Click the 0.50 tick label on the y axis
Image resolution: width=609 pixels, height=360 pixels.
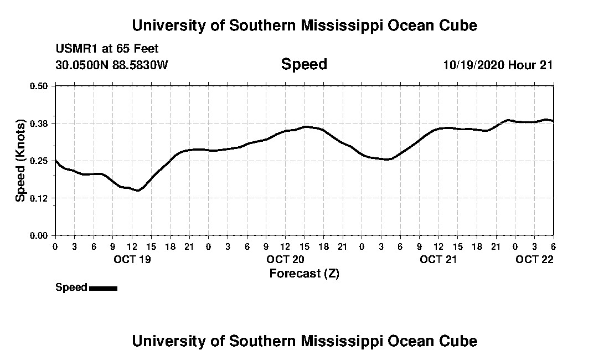click(x=39, y=86)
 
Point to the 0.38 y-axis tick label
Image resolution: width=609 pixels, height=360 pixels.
click(x=39, y=123)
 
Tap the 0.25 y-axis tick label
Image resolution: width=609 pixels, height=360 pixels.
click(x=39, y=161)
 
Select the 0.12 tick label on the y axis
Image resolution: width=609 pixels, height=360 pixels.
click(x=39, y=198)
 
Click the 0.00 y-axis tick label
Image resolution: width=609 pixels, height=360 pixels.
click(x=39, y=235)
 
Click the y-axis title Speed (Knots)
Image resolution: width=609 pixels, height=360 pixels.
click(x=20, y=161)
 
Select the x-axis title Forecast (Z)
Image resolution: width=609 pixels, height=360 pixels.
click(x=304, y=273)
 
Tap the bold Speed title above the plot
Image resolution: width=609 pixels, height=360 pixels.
click(x=304, y=64)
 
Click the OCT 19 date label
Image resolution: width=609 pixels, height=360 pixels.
click(x=132, y=259)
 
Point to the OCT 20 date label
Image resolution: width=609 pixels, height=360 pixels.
click(x=285, y=259)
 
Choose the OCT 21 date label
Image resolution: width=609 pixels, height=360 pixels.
click(x=438, y=259)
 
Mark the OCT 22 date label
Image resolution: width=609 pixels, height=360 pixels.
click(x=534, y=259)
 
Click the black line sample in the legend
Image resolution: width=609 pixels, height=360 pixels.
click(x=103, y=288)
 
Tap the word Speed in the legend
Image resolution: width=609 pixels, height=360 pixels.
click(x=71, y=287)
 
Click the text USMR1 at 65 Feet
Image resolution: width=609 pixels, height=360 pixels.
click(x=107, y=49)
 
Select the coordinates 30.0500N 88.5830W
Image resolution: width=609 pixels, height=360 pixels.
click(x=111, y=65)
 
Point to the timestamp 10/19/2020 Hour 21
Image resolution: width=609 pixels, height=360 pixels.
click(x=498, y=65)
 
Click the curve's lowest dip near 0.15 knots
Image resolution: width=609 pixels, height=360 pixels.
click(x=138, y=190)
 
